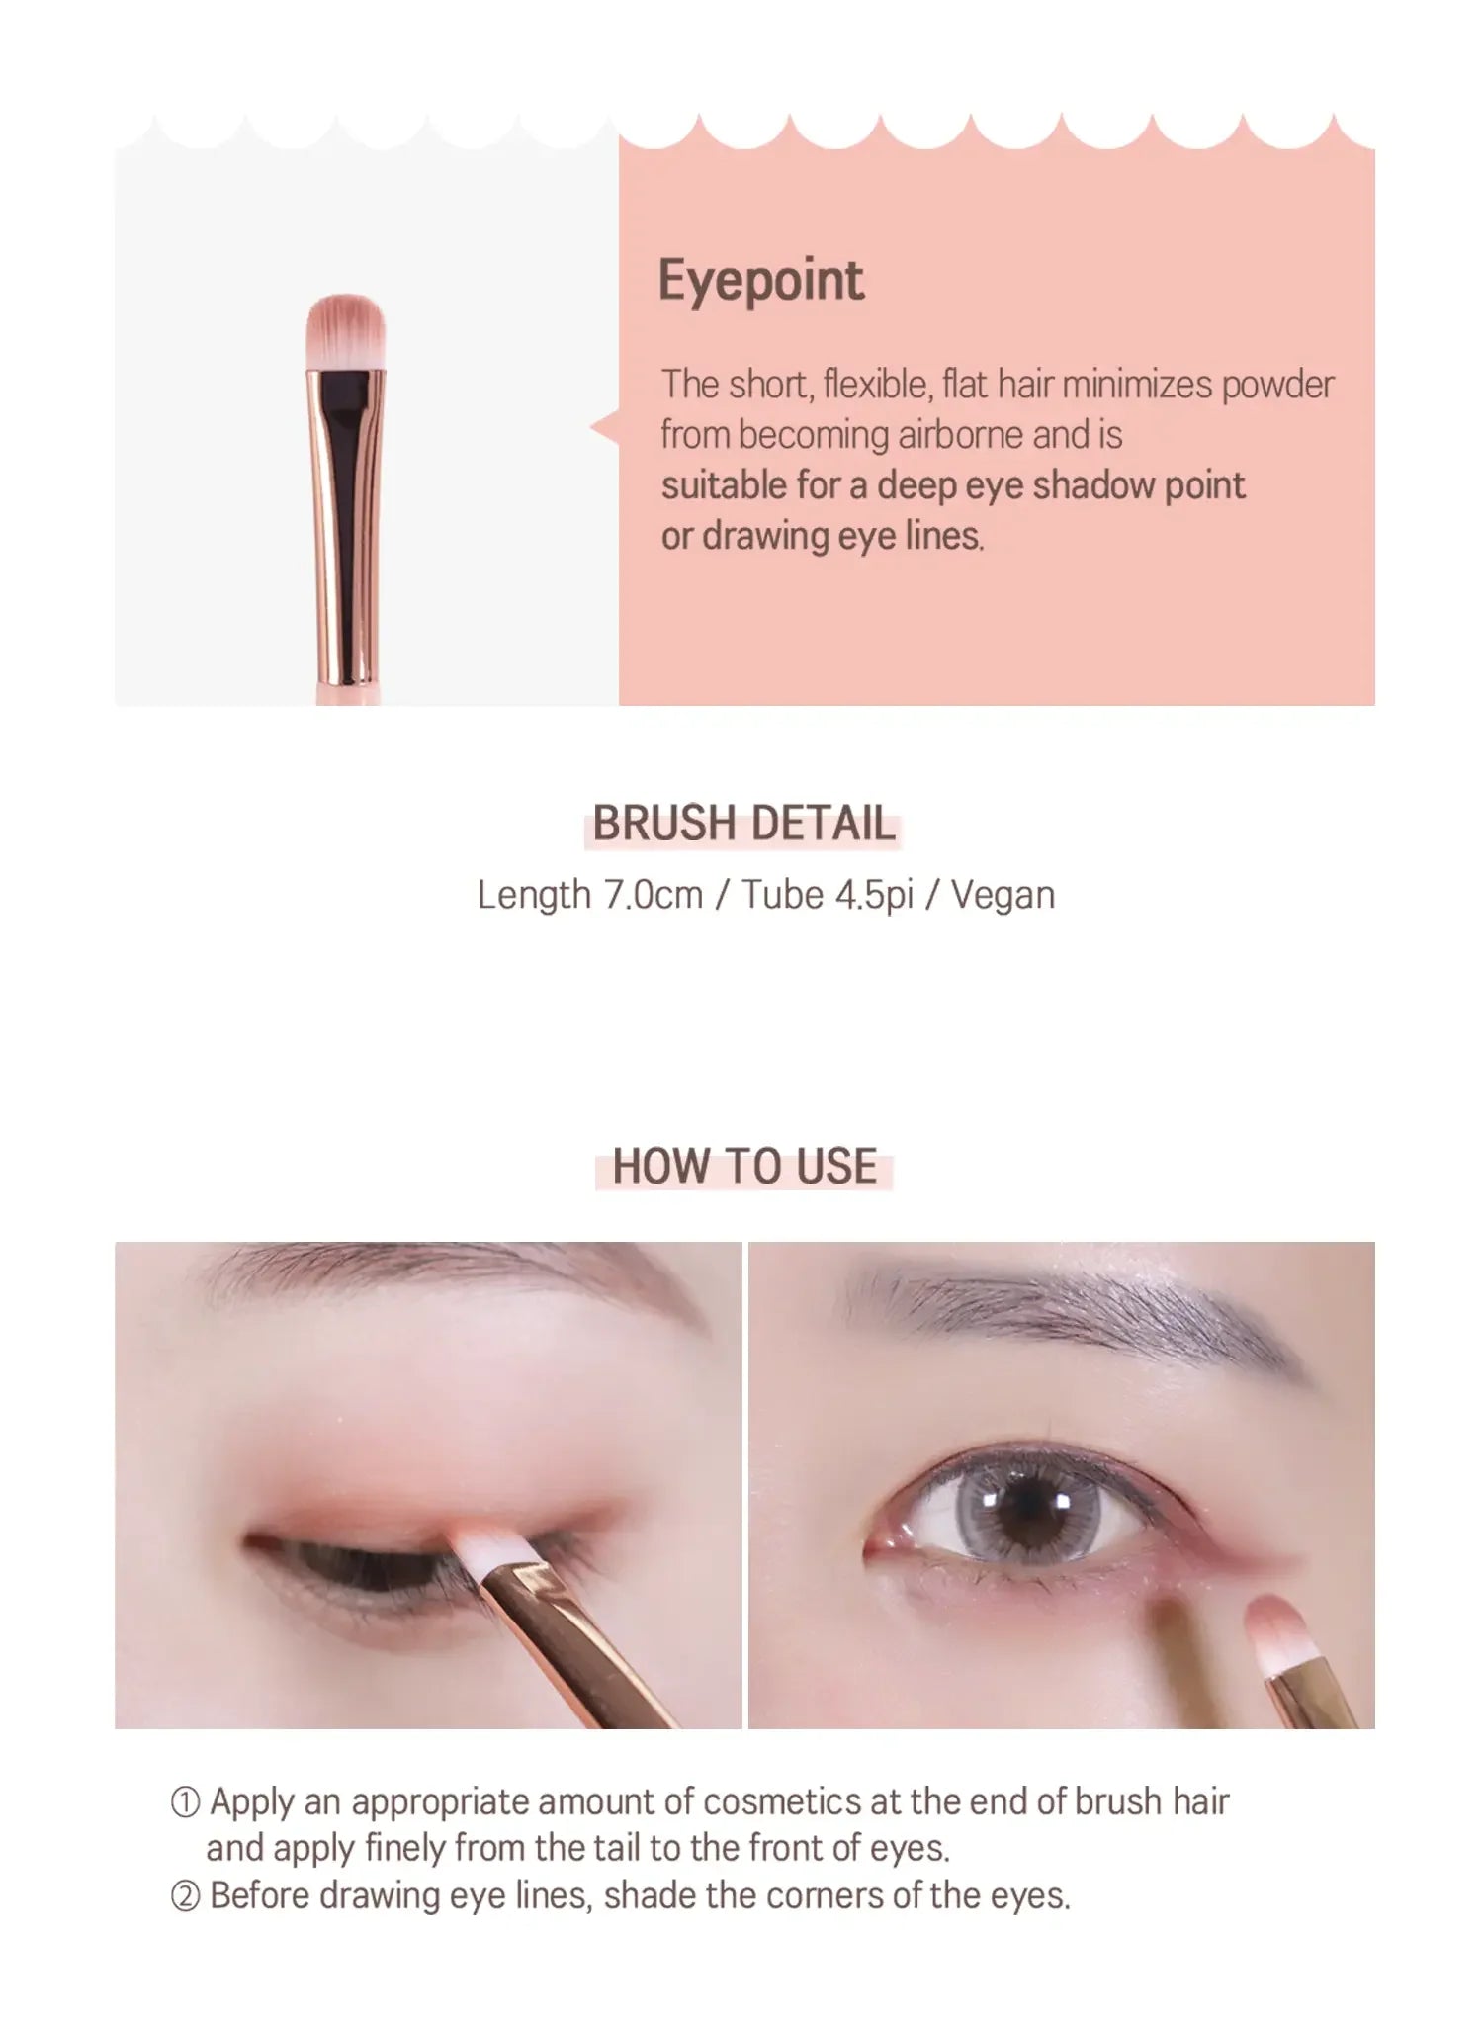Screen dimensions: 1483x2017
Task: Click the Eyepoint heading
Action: coord(760,281)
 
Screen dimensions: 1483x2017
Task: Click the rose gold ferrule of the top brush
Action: coord(345,525)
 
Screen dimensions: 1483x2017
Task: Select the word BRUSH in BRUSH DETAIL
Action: coord(664,824)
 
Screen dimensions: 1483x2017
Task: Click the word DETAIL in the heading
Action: coord(822,824)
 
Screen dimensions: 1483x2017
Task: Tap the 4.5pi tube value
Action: coord(874,895)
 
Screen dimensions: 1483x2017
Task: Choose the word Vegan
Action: coord(1003,895)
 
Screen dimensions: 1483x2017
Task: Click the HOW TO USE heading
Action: coord(744,1167)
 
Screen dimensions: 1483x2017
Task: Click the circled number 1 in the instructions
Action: coord(185,1802)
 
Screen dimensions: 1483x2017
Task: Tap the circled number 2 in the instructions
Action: coord(185,1896)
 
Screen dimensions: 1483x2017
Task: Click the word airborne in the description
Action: coord(958,435)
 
